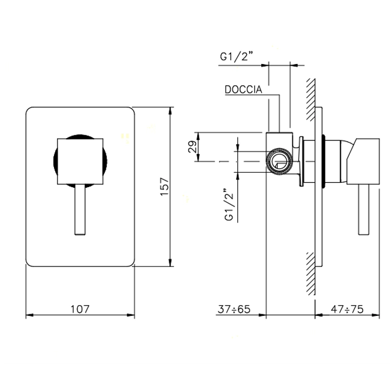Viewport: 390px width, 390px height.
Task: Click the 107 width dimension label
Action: coord(80,309)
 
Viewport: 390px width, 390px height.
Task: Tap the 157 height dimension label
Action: coord(165,187)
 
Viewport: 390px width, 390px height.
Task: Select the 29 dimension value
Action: coord(193,147)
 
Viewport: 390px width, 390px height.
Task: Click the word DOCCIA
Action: coord(243,90)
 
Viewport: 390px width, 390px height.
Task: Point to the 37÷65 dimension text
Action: coord(234,309)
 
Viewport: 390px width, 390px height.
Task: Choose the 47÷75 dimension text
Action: coord(347,309)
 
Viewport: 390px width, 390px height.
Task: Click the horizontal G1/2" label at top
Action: coord(237,57)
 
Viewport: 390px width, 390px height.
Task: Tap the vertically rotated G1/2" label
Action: coord(230,204)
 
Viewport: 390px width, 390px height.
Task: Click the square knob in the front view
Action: coord(80,162)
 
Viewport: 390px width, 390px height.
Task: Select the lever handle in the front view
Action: coord(80,209)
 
